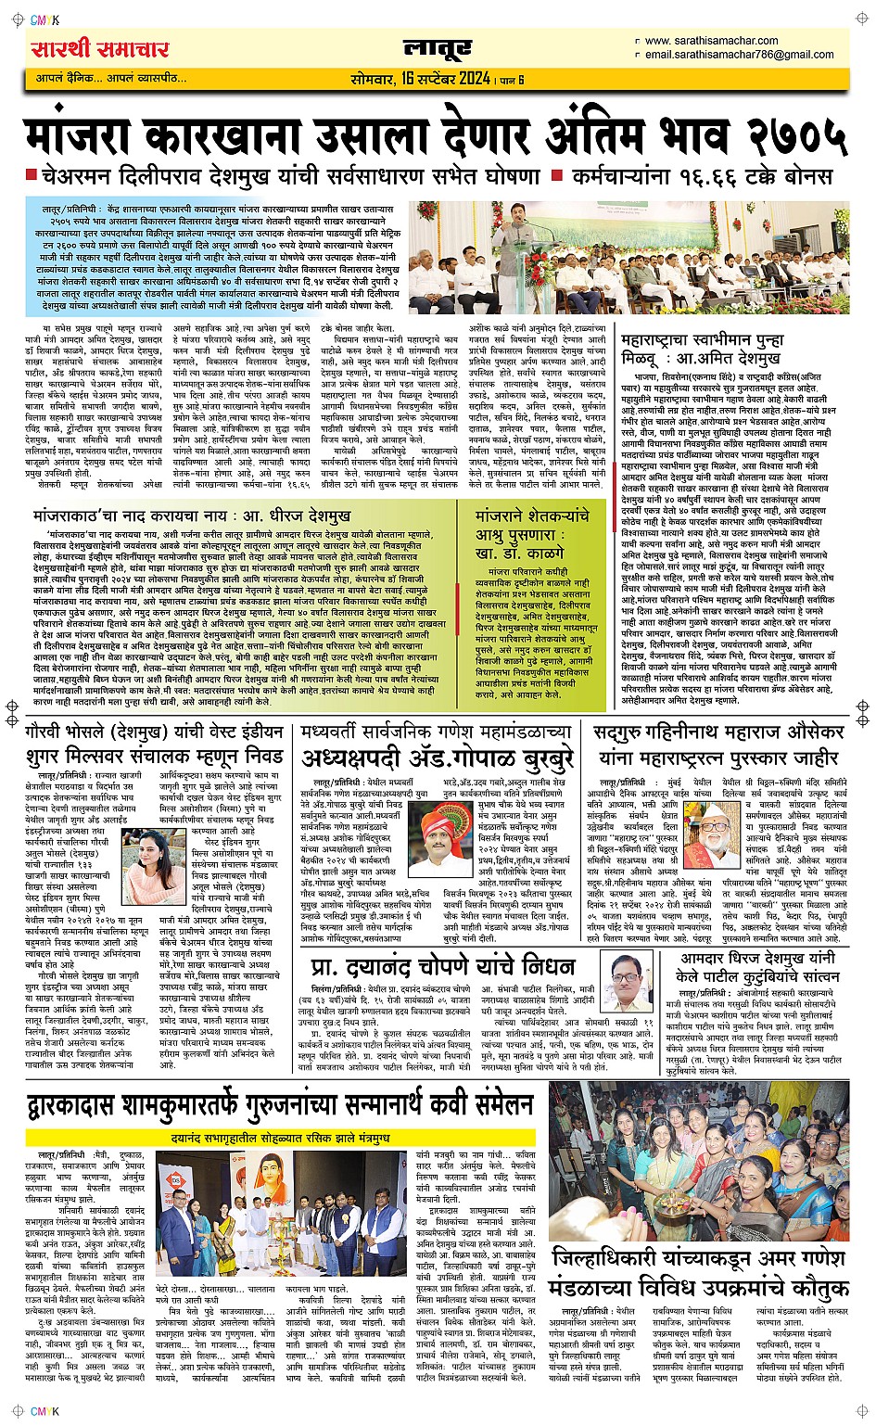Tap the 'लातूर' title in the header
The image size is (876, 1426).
[x=438, y=49]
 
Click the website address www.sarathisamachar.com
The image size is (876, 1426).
[x=711, y=41]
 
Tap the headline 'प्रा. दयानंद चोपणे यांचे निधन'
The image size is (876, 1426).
[x=442, y=967]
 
